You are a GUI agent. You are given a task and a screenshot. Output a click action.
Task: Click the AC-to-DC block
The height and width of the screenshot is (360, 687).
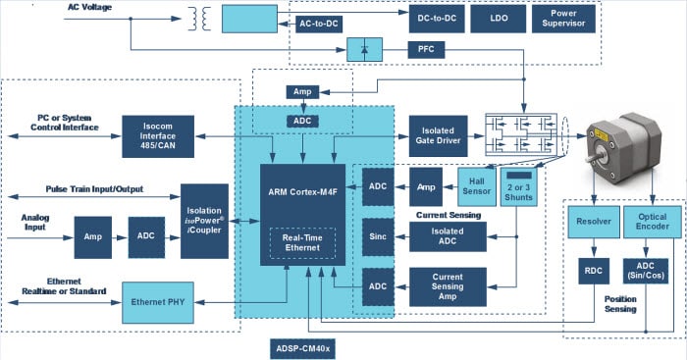320,23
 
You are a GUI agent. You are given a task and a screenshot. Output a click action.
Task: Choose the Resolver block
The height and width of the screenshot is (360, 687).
593,223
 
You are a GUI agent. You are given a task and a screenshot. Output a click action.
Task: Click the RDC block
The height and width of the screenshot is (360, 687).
593,271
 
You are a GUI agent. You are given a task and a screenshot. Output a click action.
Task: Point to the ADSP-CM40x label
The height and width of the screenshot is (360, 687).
302,347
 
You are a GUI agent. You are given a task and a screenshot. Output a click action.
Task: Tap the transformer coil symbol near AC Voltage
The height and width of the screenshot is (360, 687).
205,19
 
